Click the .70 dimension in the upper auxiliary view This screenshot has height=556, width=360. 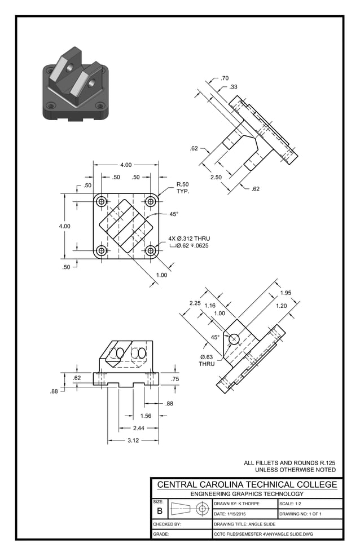click(x=225, y=78)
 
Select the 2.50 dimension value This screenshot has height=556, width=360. click(x=216, y=178)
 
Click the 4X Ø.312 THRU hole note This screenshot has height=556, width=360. click(x=189, y=239)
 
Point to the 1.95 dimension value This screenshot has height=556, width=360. click(x=286, y=293)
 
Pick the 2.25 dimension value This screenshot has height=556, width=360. click(x=195, y=303)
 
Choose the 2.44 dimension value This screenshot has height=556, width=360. click(x=138, y=428)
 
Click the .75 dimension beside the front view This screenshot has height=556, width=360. click(x=175, y=380)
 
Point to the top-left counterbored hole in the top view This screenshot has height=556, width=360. click(x=102, y=201)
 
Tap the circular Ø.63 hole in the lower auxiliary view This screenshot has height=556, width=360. click(x=234, y=339)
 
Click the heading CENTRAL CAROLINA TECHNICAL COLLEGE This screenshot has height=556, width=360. click(x=247, y=484)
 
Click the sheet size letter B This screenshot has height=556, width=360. click(x=160, y=511)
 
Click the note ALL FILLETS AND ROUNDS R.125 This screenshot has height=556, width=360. click(x=289, y=462)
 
